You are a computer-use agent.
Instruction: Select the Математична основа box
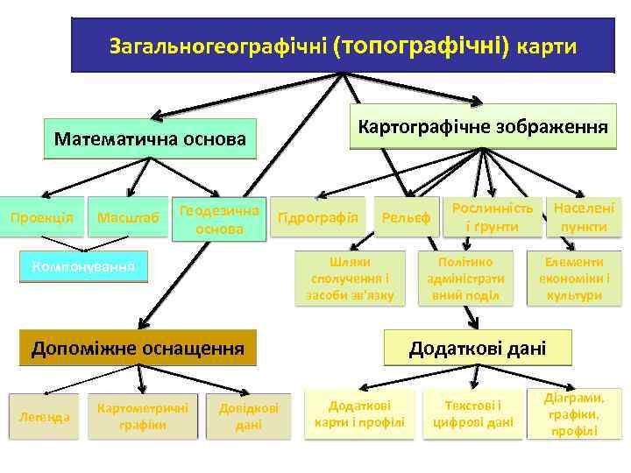tap(150, 138)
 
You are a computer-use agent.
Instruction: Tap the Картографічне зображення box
tap(481, 128)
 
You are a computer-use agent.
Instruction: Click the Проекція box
tap(41, 217)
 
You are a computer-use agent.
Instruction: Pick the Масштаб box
tap(128, 217)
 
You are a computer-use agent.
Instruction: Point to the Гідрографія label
tap(317, 217)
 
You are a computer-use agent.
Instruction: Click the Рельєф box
tap(407, 217)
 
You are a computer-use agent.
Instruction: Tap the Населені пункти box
tap(582, 217)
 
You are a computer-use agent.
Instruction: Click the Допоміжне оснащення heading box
tap(138, 348)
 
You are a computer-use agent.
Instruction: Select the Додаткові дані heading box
tap(478, 348)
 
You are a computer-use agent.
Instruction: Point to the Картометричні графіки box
tap(141, 415)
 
